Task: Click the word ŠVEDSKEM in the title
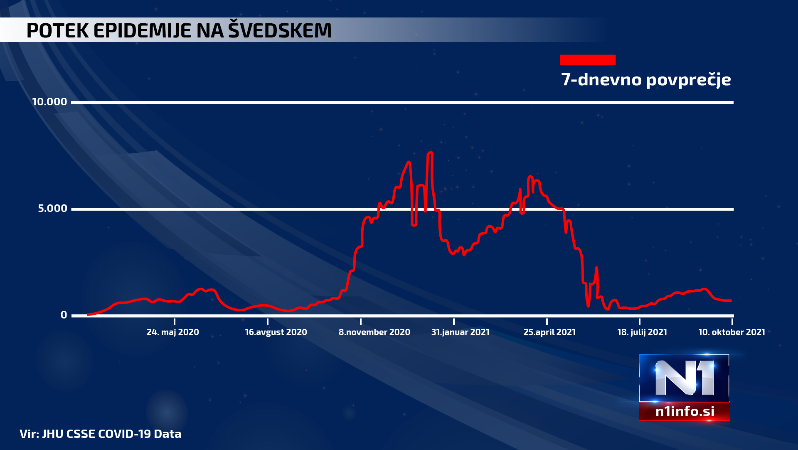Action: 280,30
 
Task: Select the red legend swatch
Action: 587,60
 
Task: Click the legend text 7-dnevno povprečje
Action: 646,80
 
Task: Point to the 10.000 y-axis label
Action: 49,102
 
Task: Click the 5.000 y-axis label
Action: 52,209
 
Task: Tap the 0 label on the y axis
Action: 64,315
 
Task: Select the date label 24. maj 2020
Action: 172,332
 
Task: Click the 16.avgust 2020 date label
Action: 276,332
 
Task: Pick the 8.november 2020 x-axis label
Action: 374,332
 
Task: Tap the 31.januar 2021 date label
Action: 460,332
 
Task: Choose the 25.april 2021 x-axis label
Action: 549,332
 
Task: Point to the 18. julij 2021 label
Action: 642,332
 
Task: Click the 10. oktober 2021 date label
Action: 731,332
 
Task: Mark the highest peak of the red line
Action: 430,153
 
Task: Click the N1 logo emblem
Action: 684,378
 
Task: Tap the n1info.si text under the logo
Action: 685,411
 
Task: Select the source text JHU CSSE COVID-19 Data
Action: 111,434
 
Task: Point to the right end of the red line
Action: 730,301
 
